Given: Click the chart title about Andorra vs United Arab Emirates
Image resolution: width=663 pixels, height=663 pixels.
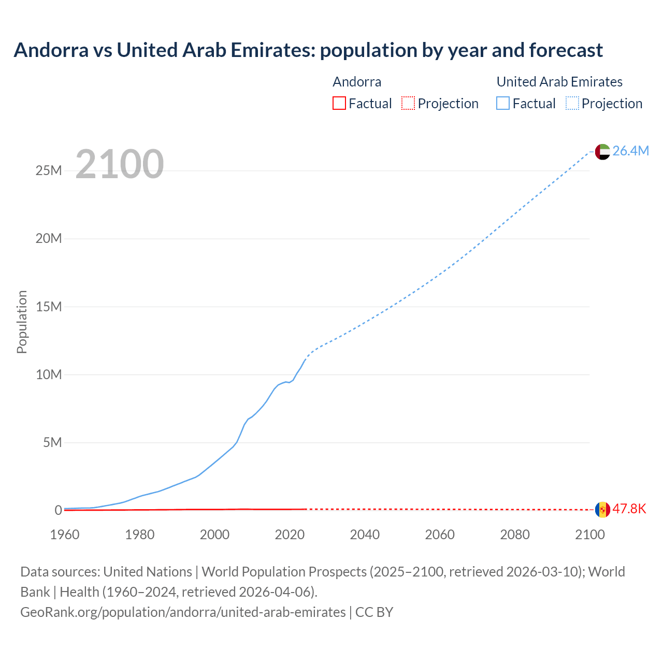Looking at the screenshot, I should click(x=308, y=50).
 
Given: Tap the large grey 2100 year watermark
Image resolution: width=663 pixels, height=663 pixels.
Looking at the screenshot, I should click(x=120, y=164).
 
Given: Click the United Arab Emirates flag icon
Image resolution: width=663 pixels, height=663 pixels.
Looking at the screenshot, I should click(x=602, y=151).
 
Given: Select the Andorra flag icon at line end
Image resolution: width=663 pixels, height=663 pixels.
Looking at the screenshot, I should click(x=602, y=510).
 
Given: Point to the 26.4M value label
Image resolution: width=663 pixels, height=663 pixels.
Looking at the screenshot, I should click(x=630, y=151).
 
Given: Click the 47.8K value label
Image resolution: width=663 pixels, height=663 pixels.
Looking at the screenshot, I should click(x=629, y=509).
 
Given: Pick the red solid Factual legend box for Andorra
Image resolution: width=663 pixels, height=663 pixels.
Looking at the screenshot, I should click(x=339, y=104).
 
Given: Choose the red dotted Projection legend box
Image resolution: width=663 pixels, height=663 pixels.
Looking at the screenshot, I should click(x=408, y=104).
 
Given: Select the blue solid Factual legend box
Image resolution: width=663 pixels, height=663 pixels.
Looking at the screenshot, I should click(x=503, y=104).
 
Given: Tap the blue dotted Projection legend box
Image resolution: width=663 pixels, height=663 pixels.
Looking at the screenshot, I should click(x=572, y=104).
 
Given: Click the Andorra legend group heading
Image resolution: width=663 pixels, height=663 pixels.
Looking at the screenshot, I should click(x=357, y=82).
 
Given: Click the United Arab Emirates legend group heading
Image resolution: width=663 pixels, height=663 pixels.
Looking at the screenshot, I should click(x=559, y=82).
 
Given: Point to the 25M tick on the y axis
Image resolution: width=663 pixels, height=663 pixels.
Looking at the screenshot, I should click(x=49, y=171).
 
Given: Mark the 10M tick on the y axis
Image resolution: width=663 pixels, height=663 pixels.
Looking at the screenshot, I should click(x=49, y=374).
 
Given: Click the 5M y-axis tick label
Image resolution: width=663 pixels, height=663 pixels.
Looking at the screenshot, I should click(x=52, y=442).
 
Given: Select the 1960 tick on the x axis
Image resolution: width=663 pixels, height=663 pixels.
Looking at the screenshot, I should click(x=65, y=535).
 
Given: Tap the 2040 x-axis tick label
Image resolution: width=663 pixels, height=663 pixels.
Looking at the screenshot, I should click(x=365, y=535).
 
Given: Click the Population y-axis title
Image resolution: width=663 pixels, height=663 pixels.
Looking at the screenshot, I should click(x=22, y=322).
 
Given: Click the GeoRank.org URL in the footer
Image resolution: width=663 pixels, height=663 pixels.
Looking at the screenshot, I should click(x=183, y=612).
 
